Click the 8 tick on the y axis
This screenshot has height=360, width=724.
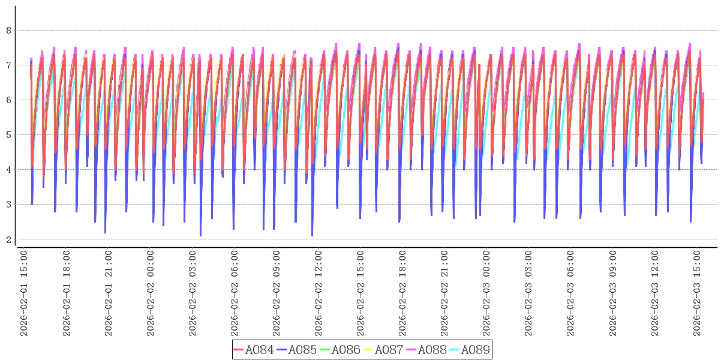[8, 30]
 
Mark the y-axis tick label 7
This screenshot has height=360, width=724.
[8, 65]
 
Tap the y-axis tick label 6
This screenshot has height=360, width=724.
[8, 100]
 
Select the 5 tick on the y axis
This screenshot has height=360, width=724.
[8, 134]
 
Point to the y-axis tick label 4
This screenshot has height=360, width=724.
[8, 169]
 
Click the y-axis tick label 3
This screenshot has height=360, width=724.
[8, 204]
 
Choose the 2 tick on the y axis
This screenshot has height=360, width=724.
[8, 239]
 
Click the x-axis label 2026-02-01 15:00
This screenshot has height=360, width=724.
[24, 293]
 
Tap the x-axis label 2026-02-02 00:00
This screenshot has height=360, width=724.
[150, 293]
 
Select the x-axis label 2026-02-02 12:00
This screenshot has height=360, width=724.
[318, 293]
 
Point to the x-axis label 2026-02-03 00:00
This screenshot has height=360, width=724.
[486, 293]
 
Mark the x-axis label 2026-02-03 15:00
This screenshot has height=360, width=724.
[696, 293]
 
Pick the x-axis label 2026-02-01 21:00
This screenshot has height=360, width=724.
[108, 293]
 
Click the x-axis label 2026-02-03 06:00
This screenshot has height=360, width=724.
[570, 293]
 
